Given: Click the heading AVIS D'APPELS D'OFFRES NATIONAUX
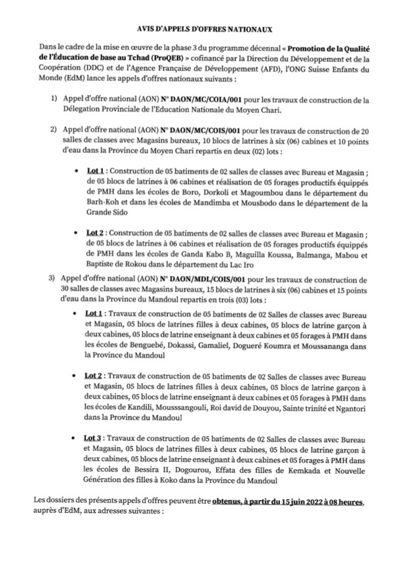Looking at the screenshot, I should [x=203, y=30].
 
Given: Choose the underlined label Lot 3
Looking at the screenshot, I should [x=94, y=437].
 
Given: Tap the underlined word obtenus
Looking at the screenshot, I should [x=232, y=502].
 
